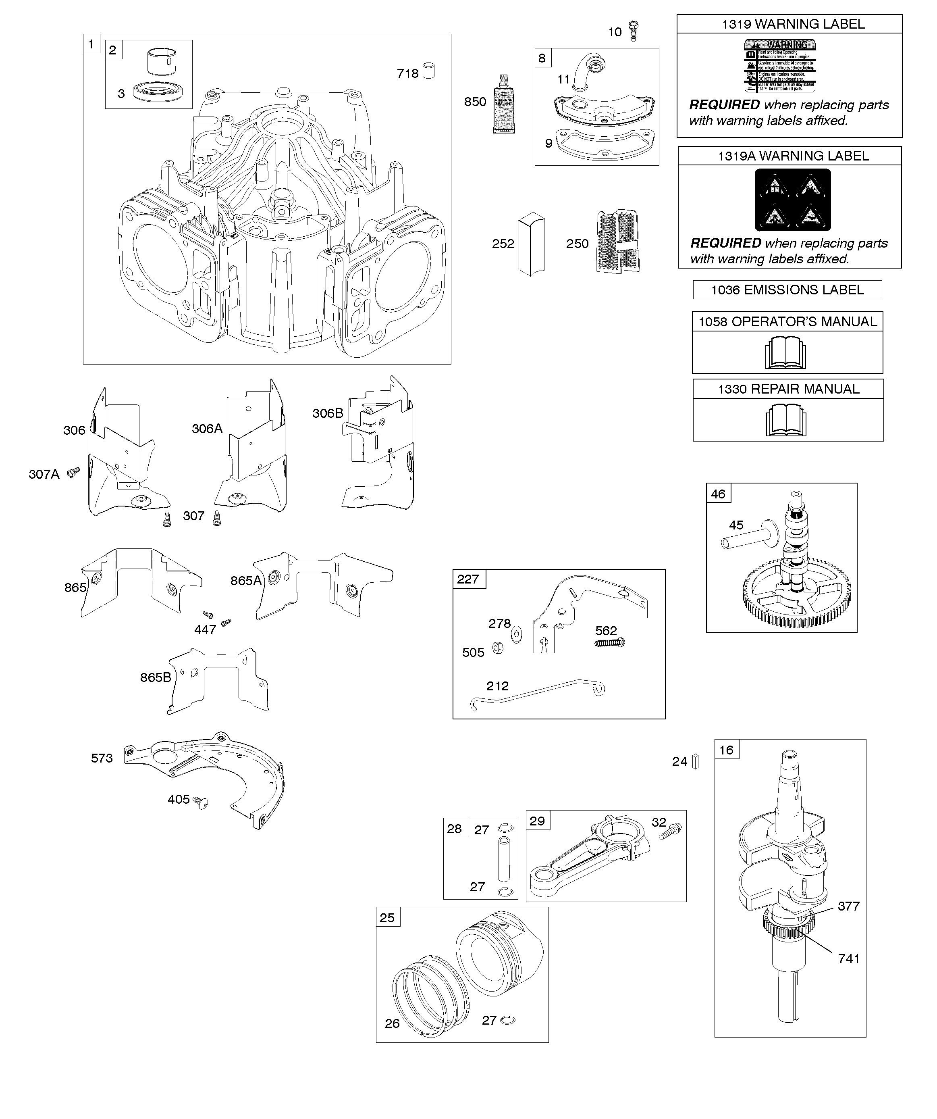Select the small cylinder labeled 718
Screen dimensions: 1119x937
429,71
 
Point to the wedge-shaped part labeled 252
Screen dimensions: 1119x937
532,245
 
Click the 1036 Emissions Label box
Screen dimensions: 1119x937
787,290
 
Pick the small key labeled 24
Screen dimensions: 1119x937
695,762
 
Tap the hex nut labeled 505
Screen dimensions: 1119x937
498,648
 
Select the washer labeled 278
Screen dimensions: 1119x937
516,635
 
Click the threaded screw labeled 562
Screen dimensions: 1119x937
609,643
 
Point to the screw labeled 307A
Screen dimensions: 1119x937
73,472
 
